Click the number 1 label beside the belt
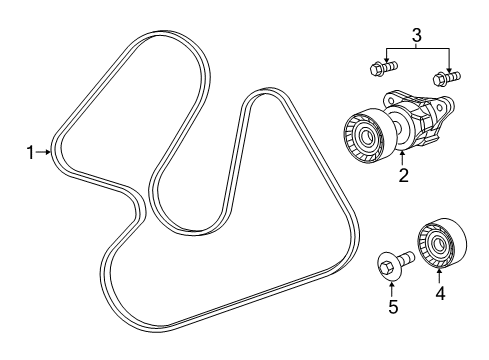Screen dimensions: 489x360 click(31, 152)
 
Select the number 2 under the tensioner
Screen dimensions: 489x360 click(404, 176)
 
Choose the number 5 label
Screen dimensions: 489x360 click(392, 307)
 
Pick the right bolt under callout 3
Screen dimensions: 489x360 click(444, 75)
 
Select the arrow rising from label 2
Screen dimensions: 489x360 click(404, 160)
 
